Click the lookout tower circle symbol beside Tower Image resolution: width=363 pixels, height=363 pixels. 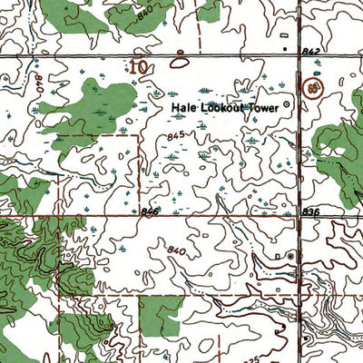(x=288, y=105)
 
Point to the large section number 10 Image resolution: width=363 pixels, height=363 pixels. (x=139, y=66)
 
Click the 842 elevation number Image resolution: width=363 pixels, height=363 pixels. (x=313, y=54)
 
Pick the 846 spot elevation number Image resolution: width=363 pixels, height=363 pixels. (x=150, y=211)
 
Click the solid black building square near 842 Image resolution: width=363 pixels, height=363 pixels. (x=284, y=46)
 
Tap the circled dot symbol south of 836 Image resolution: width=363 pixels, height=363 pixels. (x=290, y=257)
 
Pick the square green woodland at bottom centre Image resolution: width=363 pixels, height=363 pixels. (x=160, y=313)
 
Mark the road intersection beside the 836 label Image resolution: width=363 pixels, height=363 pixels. (x=300, y=215)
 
